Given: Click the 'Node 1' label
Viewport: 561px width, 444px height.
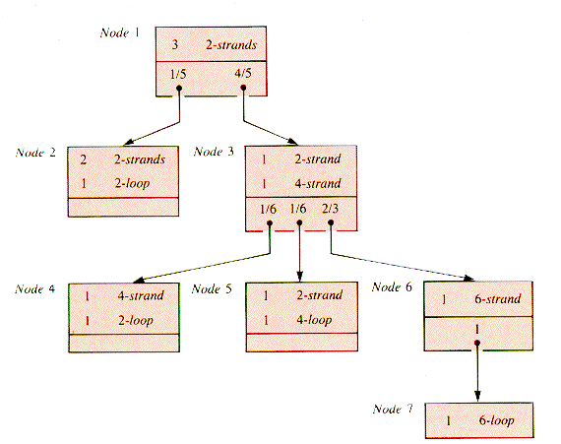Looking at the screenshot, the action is (x=120, y=32).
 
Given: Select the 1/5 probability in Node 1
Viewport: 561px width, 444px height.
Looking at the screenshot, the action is (x=178, y=74).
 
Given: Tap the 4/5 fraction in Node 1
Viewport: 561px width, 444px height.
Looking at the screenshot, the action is (x=243, y=74).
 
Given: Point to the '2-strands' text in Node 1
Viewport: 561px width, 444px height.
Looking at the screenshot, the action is (x=231, y=44).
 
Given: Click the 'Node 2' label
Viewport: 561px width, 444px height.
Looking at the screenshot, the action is (x=35, y=153).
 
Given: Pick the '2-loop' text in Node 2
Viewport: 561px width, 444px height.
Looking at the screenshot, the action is (x=133, y=184).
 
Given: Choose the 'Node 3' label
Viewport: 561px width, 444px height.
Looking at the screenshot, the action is (x=214, y=152).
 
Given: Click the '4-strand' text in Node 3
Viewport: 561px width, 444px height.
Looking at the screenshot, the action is (x=318, y=183).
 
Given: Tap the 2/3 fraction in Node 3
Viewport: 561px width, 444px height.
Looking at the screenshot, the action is (x=330, y=209).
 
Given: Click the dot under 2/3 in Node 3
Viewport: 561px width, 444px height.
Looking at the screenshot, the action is (x=331, y=222).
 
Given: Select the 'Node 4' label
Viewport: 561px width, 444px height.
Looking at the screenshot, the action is (x=35, y=288).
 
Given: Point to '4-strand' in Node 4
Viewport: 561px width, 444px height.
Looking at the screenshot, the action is (x=141, y=295).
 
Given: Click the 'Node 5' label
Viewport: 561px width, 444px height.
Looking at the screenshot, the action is (x=212, y=288).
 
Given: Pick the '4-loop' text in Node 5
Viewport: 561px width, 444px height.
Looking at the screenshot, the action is (x=314, y=320).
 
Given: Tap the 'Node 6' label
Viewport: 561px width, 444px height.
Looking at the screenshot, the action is (x=392, y=286).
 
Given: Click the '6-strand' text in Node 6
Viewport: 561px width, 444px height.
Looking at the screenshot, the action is (x=497, y=298).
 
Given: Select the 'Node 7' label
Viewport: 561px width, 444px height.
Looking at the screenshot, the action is (x=393, y=409).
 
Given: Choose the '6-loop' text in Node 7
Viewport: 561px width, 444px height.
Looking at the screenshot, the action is (x=497, y=420).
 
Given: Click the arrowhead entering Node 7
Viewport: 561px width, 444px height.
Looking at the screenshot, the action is (x=477, y=396).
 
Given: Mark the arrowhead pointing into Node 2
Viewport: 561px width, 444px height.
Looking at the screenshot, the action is (x=129, y=142).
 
